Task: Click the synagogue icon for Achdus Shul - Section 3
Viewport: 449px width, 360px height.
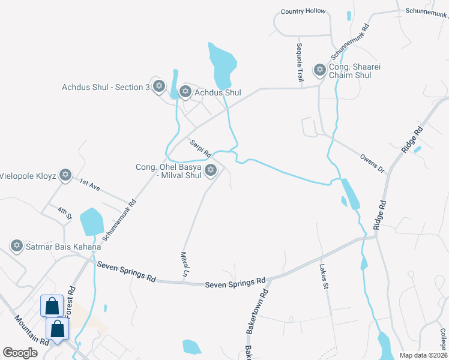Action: pos(159,87)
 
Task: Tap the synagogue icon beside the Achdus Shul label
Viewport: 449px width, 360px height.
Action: pos(185,92)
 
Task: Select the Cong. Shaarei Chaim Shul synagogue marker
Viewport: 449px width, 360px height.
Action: pos(319,70)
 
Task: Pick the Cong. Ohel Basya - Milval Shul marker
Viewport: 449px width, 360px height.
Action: pos(210,171)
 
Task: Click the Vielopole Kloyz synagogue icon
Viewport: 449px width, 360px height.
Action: pos(65,176)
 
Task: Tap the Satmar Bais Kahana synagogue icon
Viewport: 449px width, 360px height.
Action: pos(17,245)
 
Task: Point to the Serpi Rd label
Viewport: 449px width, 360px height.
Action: pos(200,148)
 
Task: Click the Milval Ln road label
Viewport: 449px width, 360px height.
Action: pos(185,264)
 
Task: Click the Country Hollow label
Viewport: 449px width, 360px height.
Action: pos(303,11)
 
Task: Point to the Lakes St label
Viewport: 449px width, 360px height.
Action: pos(324,276)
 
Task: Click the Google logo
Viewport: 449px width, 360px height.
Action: pos(20,353)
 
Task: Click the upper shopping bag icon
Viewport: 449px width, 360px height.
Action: pos(52,306)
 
